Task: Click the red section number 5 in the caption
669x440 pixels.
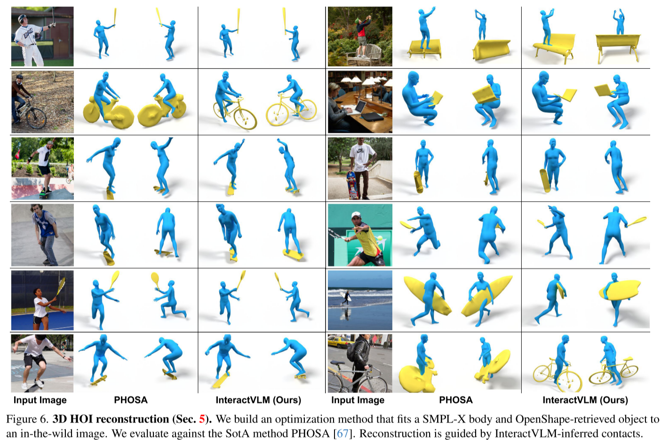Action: coord(202,419)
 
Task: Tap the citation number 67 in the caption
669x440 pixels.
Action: coord(342,433)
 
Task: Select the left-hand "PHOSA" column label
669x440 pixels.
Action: coord(131,400)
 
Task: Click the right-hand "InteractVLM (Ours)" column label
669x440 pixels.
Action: coord(585,400)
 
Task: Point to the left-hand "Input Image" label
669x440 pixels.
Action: coord(40,401)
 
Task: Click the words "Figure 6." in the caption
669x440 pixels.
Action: coord(27,419)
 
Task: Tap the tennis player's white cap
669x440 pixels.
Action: coord(356,215)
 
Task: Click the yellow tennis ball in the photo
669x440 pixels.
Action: coord(380,238)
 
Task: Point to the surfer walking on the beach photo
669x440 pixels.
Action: coord(346,297)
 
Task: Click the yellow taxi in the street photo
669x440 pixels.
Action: coord(340,341)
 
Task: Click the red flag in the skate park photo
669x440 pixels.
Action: coord(17,154)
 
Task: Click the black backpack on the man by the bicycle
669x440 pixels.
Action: coord(352,353)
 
